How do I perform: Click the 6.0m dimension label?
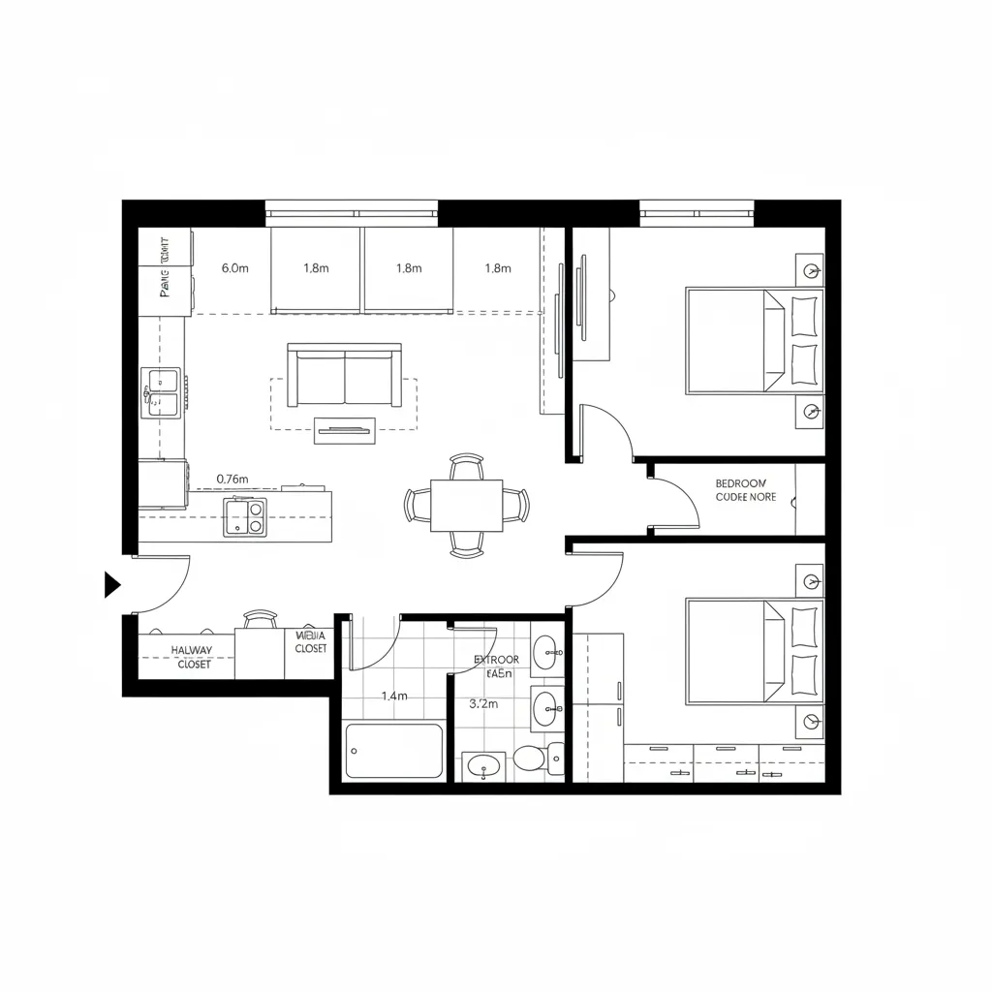tap(235, 268)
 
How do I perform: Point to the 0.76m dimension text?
tap(232, 479)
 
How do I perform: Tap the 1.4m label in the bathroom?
tap(394, 696)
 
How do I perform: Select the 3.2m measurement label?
tap(483, 704)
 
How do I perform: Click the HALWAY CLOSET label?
tap(191, 658)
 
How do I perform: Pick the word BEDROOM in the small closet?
tap(741, 482)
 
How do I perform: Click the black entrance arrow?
tap(111, 584)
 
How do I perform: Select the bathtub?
tap(394, 751)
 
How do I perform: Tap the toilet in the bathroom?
tap(531, 757)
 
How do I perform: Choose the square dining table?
tap(467, 506)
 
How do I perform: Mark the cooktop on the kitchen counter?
tap(245, 515)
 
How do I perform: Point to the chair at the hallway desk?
tap(260, 619)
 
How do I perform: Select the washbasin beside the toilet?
tap(481, 767)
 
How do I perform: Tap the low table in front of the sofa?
tap(344, 430)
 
